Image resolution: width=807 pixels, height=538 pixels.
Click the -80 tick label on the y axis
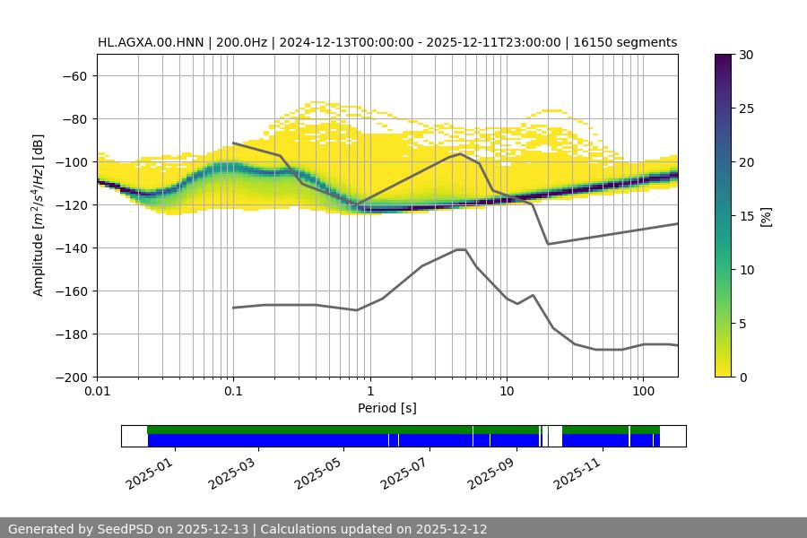click(x=74, y=119)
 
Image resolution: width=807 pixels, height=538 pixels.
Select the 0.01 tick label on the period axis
click(x=97, y=392)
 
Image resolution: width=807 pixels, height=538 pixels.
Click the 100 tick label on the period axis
click(x=642, y=392)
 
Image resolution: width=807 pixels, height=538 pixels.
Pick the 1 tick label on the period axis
click(x=369, y=392)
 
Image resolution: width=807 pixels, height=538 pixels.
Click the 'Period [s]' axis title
click(x=387, y=409)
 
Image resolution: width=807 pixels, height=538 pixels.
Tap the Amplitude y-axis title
click(x=39, y=215)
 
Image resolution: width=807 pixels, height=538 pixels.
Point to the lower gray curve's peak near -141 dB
click(x=461, y=249)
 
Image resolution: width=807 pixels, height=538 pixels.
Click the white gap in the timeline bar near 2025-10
click(x=555, y=436)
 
